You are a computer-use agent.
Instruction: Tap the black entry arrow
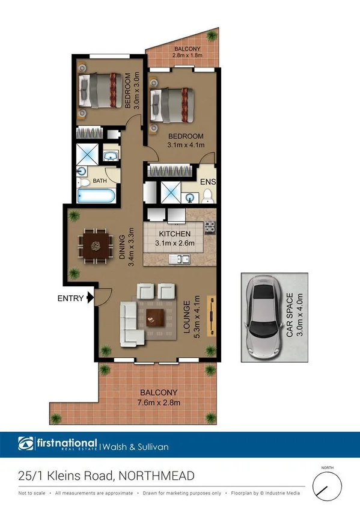click(90, 297)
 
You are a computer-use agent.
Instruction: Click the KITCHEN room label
click(174, 234)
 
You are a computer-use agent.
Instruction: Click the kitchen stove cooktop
click(210, 228)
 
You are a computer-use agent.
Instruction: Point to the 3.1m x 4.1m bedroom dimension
click(186, 144)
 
